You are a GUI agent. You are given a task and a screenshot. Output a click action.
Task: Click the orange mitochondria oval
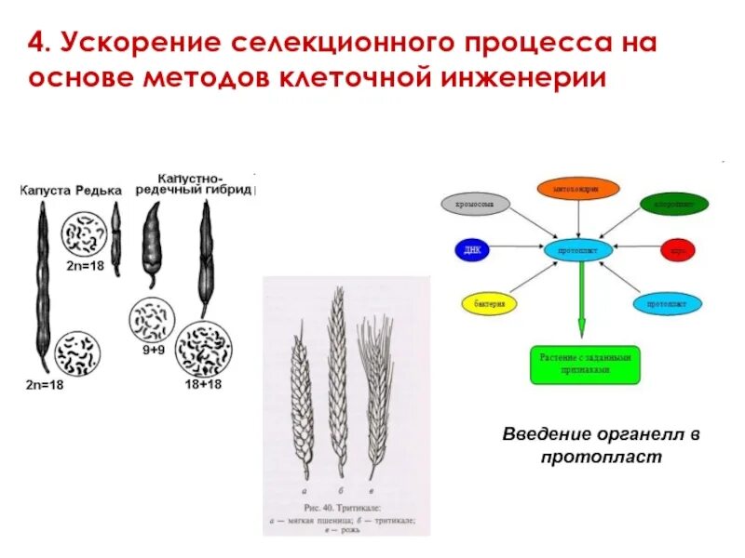tap(578, 189)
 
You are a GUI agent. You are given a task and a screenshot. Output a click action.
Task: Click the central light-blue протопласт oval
tap(577, 250)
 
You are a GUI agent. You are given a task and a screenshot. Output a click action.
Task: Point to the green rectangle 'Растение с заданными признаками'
tap(586, 363)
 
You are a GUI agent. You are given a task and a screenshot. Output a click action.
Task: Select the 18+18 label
tap(203, 383)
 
